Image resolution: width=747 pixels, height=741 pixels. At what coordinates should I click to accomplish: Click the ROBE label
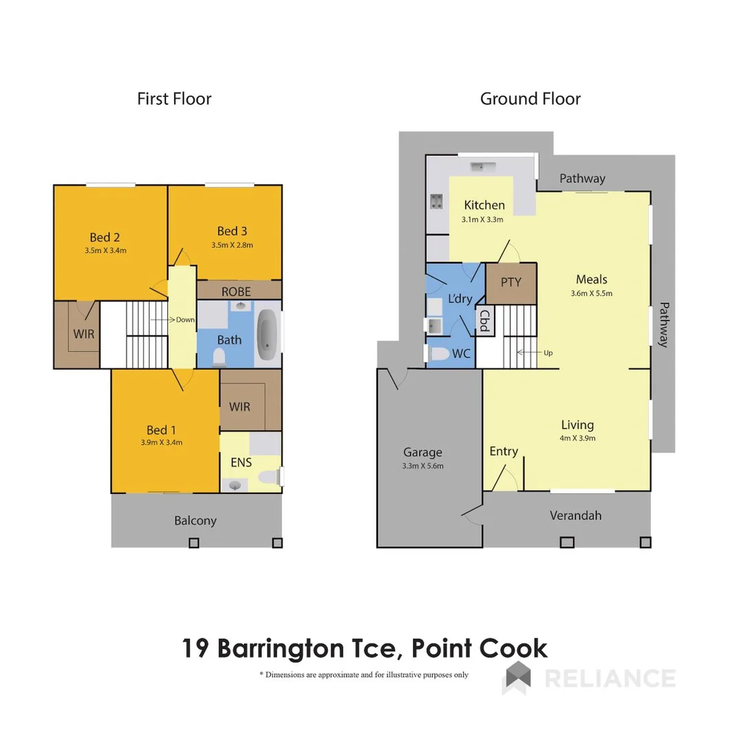(x=236, y=292)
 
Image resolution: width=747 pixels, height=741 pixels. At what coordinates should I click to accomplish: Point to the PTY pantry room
(x=511, y=282)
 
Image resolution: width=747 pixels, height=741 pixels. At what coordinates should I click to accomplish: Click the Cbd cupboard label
(x=484, y=321)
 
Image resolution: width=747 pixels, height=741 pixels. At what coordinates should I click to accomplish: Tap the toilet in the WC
(x=438, y=354)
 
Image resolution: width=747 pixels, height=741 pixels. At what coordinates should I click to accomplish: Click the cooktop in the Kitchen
(x=436, y=201)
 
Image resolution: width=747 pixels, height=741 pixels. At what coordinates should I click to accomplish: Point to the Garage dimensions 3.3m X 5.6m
(x=423, y=466)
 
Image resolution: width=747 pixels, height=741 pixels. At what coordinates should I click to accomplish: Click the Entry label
(x=503, y=451)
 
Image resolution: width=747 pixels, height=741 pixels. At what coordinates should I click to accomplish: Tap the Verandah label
(x=576, y=515)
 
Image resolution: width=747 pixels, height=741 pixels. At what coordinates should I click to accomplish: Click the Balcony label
(x=195, y=521)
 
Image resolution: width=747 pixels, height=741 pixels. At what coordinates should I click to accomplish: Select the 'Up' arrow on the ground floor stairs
(x=534, y=353)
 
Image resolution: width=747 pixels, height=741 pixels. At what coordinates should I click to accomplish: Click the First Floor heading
(x=174, y=99)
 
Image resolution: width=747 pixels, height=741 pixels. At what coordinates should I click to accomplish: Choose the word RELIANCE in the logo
(x=609, y=678)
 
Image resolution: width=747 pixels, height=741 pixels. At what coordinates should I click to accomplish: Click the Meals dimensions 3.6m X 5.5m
(x=591, y=293)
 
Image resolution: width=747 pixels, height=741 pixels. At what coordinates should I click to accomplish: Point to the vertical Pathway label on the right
(x=663, y=325)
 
